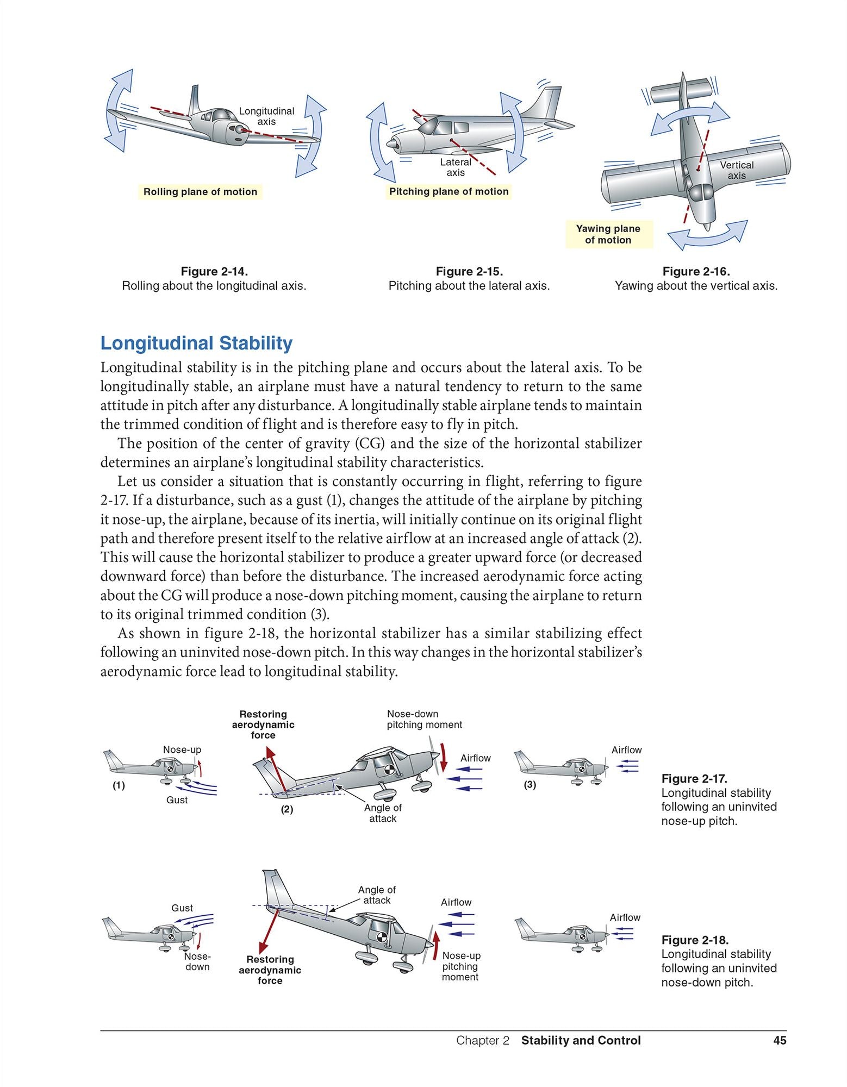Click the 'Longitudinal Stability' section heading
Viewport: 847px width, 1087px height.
click(x=196, y=343)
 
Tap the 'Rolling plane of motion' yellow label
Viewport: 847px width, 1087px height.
click(x=200, y=192)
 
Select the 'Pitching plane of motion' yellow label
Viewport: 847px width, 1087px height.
click(x=449, y=191)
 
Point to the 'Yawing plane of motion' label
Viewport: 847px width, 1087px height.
click(x=608, y=234)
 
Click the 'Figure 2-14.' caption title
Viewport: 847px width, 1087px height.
click(x=214, y=271)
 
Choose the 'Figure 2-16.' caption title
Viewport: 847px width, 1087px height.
click(x=696, y=271)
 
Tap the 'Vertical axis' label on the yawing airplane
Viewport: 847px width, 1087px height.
click(x=737, y=170)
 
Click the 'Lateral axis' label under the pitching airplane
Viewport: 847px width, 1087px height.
click(x=456, y=167)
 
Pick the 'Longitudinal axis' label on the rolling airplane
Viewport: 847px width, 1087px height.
click(x=266, y=116)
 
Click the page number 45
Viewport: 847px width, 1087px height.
click(x=780, y=1040)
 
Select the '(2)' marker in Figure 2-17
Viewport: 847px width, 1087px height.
click(x=287, y=809)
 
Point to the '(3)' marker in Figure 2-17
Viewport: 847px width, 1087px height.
click(x=530, y=784)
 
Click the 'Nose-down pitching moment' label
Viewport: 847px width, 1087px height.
click(x=424, y=719)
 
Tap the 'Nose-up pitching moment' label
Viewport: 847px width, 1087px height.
click(x=460, y=966)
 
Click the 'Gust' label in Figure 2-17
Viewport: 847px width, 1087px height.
click(x=177, y=800)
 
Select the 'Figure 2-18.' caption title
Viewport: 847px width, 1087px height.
click(x=695, y=940)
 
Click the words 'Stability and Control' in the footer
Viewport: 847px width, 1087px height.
click(x=581, y=1040)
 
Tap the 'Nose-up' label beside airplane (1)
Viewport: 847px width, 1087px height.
click(x=182, y=749)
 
